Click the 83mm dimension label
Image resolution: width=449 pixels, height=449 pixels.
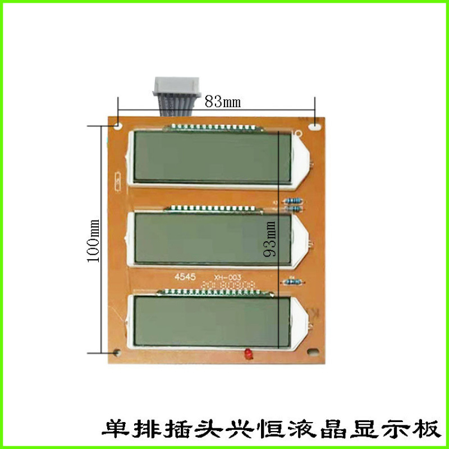[222, 102]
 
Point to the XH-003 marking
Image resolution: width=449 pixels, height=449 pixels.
[224, 277]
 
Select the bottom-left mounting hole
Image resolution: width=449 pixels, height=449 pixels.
[117, 353]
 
